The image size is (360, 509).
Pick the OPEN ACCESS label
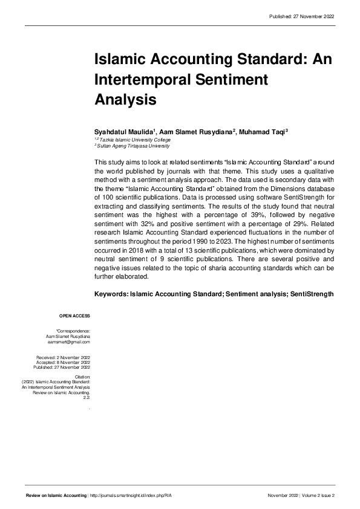(x=74, y=316)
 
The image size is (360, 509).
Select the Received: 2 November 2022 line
(x=63, y=357)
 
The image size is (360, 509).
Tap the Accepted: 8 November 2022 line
(x=63, y=362)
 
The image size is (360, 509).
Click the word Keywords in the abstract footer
(x=111, y=294)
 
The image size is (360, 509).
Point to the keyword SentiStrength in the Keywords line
(x=312, y=294)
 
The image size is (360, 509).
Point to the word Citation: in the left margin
(x=83, y=377)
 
